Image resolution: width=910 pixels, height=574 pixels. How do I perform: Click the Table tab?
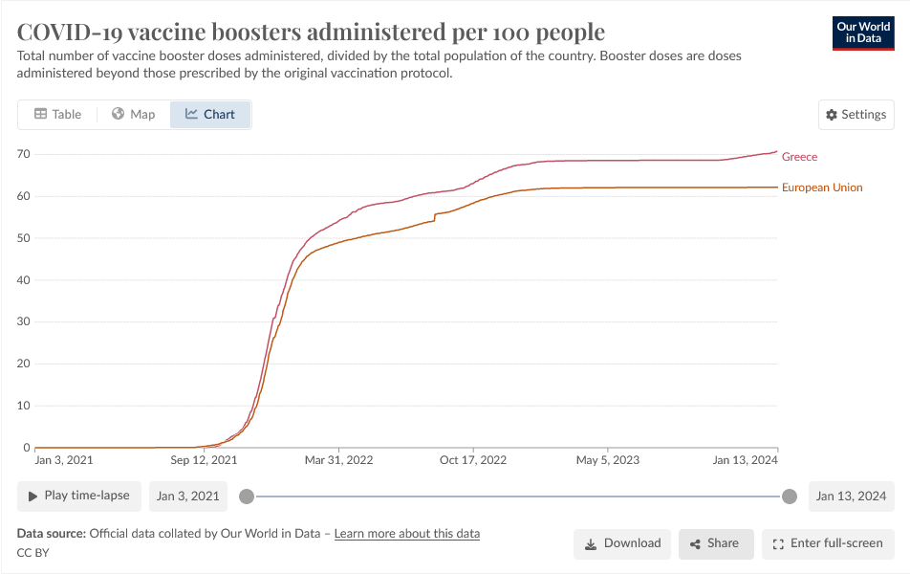tap(57, 114)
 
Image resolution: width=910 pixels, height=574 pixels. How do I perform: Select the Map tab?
tap(133, 114)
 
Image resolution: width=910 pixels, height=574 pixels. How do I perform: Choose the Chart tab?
tap(210, 114)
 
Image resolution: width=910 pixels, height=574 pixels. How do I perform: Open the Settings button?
tap(856, 114)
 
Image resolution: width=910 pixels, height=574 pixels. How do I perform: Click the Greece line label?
tap(799, 157)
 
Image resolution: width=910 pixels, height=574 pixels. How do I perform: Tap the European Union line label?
tap(822, 188)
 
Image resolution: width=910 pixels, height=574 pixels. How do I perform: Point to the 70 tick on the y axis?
tap(24, 154)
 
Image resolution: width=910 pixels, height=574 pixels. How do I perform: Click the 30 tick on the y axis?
tap(24, 321)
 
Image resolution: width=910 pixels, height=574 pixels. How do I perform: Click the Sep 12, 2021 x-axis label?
tap(204, 460)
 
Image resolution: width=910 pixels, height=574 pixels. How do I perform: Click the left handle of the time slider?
tap(247, 496)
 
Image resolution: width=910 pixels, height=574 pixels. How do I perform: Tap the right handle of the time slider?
tap(790, 496)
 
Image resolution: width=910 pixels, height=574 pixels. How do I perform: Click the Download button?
tap(622, 543)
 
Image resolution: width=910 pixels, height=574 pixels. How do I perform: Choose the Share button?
tap(716, 543)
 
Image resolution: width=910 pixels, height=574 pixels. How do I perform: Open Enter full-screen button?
tap(827, 543)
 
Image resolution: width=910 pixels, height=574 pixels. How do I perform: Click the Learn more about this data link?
tap(407, 533)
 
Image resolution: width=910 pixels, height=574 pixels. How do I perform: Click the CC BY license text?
tap(32, 553)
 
